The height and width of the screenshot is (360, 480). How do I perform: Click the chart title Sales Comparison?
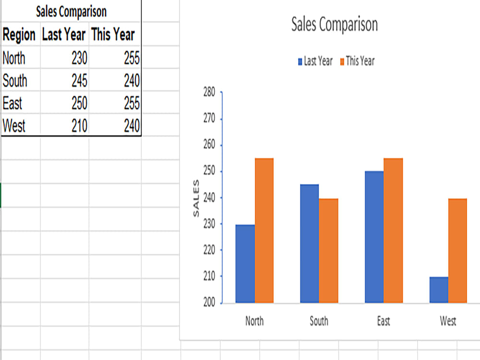click(x=334, y=24)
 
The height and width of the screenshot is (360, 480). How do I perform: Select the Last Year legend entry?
click(x=315, y=61)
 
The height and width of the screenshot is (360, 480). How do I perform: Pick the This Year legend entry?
click(x=357, y=61)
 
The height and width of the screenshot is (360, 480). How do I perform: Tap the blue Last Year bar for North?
click(x=245, y=264)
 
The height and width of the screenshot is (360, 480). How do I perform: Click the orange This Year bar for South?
click(x=328, y=251)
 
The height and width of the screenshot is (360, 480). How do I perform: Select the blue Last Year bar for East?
click(x=374, y=237)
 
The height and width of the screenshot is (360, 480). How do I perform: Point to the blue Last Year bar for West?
click(x=439, y=290)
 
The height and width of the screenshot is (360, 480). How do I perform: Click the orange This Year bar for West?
click(x=457, y=251)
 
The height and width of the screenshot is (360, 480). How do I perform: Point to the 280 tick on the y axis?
click(x=209, y=92)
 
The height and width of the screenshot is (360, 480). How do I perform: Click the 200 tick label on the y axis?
click(x=209, y=302)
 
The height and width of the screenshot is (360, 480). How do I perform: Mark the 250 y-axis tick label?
click(x=209, y=170)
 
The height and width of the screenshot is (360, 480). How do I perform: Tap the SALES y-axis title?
click(x=196, y=198)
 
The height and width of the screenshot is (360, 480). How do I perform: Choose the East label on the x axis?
click(x=384, y=321)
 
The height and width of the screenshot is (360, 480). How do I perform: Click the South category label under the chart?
click(x=319, y=321)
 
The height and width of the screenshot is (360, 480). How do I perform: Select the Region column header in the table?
click(x=19, y=35)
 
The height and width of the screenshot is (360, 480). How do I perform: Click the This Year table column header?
click(x=113, y=34)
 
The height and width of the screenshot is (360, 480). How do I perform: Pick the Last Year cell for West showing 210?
click(x=80, y=126)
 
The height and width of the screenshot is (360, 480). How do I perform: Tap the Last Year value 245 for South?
click(x=80, y=81)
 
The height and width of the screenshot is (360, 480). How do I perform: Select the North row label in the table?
click(x=14, y=58)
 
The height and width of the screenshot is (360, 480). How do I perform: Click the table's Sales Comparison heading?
click(x=72, y=12)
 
